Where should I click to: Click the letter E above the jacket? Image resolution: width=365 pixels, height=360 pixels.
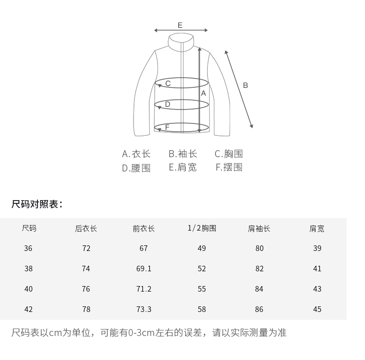[180, 25]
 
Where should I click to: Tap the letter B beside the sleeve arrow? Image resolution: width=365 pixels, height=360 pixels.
[245, 85]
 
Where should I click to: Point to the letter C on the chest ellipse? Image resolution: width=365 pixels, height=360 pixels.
[168, 84]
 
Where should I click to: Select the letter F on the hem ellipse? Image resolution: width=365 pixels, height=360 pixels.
[167, 127]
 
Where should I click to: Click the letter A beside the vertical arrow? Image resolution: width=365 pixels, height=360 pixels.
[203, 93]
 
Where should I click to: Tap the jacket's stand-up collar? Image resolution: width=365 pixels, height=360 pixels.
[181, 41]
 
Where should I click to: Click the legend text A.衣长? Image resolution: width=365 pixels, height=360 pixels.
[136, 154]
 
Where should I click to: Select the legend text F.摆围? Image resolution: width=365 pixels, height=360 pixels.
[229, 167]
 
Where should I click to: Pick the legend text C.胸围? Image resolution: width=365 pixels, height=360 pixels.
[229, 154]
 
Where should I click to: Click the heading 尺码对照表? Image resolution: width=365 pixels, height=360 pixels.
[36, 204]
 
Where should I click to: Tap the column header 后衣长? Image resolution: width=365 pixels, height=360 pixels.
[86, 228]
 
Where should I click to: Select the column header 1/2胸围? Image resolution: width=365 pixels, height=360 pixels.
[202, 228]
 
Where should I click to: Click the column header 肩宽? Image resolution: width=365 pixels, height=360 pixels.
[317, 228]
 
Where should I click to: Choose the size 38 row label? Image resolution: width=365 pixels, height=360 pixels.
[29, 268]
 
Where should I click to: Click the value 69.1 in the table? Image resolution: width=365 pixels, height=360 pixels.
[144, 268]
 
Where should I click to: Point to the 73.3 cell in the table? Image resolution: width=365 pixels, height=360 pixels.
[144, 309]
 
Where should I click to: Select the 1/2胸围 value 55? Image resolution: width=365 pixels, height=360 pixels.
[202, 289]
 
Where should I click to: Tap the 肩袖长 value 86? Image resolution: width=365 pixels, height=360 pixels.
[259, 309]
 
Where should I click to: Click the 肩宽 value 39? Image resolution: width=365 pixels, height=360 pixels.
[317, 248]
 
